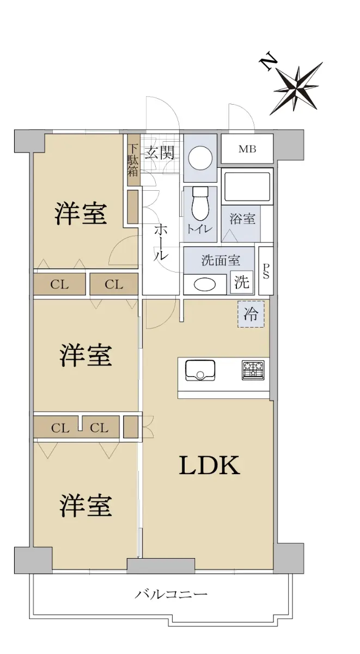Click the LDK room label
[209, 465]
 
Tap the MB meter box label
[247, 149]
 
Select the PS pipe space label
[266, 271]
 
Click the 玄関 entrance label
[160, 152]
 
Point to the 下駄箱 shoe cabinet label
[133, 160]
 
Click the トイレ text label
[199, 229]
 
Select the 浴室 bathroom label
[242, 219]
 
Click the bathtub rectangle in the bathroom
[246, 186]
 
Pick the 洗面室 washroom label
[221, 261]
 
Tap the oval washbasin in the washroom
[205, 284]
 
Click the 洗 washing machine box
[242, 282]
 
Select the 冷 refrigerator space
[251, 314]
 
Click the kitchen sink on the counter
[200, 370]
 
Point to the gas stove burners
[253, 370]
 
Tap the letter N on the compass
[269, 62]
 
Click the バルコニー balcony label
[171, 594]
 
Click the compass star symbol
[296, 88]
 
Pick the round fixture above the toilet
[200, 158]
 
